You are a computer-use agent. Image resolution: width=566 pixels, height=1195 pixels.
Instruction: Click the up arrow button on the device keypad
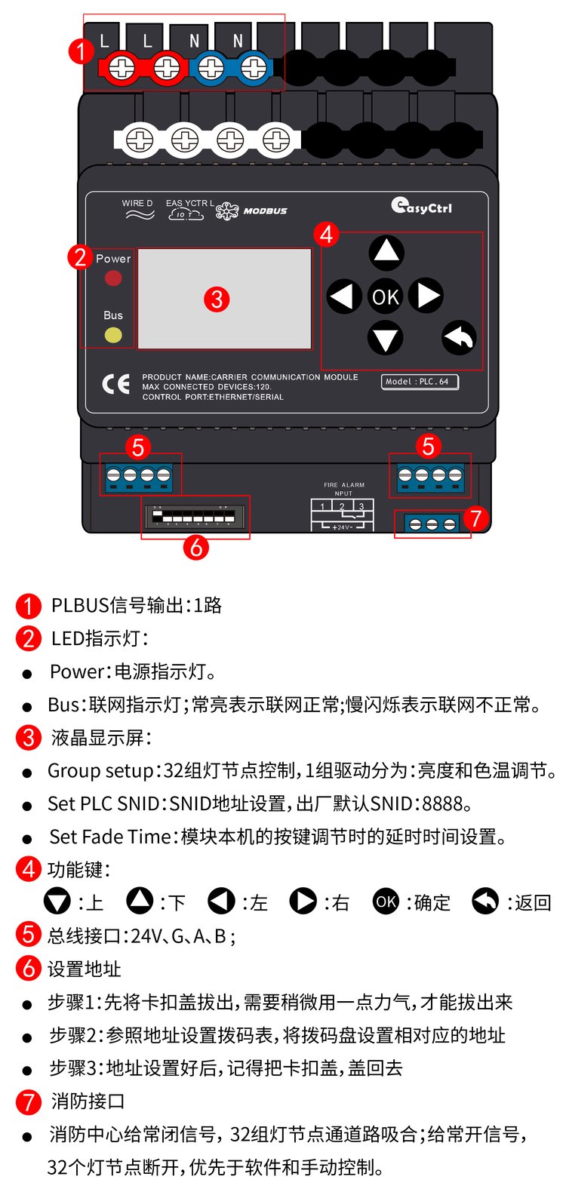pyautogui.click(x=386, y=252)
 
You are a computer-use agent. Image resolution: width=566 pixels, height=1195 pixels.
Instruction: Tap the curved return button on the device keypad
pyautogui.click(x=459, y=338)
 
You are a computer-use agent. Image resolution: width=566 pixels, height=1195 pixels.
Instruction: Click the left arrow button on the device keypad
pyautogui.click(x=343, y=296)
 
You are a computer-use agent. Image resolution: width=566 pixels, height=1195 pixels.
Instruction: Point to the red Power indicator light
pyautogui.click(x=113, y=278)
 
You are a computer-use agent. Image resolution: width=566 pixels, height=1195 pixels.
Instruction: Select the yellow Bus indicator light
pyautogui.click(x=113, y=335)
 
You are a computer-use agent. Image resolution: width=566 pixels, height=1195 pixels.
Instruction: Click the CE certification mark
pyautogui.click(x=115, y=384)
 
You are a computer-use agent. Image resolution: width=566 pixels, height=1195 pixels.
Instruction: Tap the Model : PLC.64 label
pyautogui.click(x=420, y=382)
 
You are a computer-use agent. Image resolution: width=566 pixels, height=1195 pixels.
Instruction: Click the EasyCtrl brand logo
pyautogui.click(x=421, y=206)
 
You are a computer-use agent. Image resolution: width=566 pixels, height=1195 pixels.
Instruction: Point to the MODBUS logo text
pyautogui.click(x=265, y=211)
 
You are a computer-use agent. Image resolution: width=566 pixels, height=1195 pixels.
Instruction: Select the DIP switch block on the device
pyautogui.click(x=193, y=516)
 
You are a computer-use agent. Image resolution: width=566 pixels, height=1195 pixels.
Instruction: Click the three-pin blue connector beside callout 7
pyautogui.click(x=432, y=524)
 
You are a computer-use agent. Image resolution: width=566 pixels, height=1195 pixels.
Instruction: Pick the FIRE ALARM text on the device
pyautogui.click(x=344, y=485)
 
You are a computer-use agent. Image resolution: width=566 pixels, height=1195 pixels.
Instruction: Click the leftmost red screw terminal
pyautogui.click(x=122, y=68)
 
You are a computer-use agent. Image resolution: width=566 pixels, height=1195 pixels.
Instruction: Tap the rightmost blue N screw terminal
pyautogui.click(x=254, y=68)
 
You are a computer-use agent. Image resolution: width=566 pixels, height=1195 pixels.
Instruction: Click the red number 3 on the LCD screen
pyautogui.click(x=217, y=300)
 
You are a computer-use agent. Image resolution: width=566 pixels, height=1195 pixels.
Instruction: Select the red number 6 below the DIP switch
pyautogui.click(x=195, y=548)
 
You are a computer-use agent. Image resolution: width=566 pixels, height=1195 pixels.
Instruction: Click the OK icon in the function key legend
pyautogui.click(x=386, y=902)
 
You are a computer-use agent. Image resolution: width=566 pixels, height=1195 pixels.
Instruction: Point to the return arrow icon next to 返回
pyautogui.click(x=485, y=902)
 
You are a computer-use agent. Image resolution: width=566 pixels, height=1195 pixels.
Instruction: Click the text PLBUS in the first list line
pyautogui.click(x=80, y=606)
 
